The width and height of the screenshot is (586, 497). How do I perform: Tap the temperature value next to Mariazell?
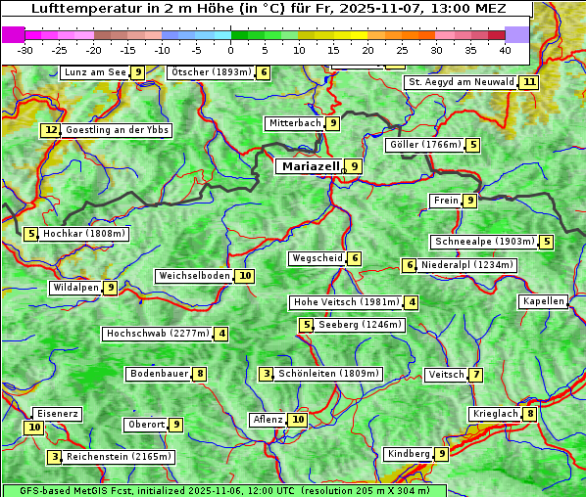coord(354,166)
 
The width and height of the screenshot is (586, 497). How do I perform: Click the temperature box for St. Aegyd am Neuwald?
coord(529,82)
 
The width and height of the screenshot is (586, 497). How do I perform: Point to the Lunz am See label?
coord(95,72)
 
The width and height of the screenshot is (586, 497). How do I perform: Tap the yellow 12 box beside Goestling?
coord(51,130)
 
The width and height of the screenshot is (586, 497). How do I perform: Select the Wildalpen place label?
coord(75,288)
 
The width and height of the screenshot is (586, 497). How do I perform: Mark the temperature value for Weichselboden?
coord(245,276)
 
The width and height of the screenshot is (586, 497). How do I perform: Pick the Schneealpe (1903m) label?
coord(484,242)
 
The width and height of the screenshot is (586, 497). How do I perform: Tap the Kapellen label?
coord(543,301)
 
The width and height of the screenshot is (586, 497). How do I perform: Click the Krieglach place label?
coord(494,414)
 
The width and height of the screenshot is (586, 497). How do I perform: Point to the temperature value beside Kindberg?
coord(442,454)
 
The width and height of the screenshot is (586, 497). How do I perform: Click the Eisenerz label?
coord(56,414)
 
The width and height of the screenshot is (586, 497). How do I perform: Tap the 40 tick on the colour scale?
coord(505,50)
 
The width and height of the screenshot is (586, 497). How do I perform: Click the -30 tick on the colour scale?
coord(25,50)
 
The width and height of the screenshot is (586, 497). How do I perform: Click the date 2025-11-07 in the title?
coord(391,9)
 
